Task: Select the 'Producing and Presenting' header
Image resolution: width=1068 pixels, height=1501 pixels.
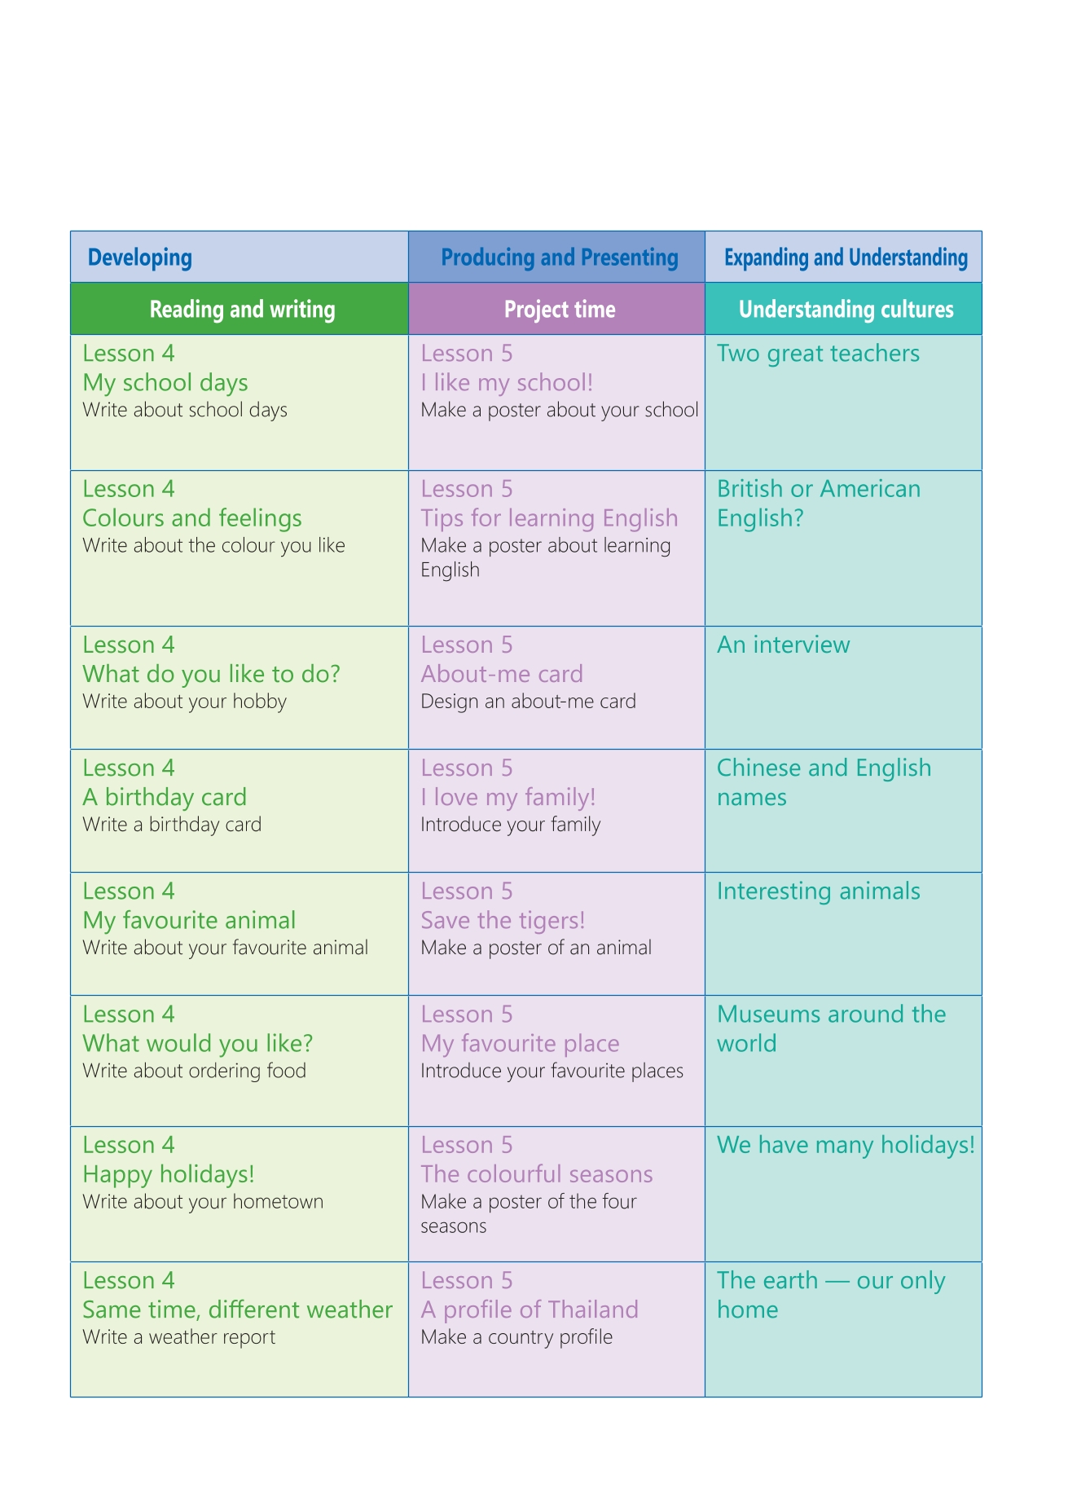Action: point(559,258)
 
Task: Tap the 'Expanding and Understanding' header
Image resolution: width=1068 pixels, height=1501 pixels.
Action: point(846,258)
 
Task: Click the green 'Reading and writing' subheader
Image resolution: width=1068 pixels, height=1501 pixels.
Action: point(242,310)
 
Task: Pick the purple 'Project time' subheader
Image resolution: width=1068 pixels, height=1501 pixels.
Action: point(559,310)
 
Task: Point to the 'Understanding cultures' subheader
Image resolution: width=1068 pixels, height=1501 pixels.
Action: point(846,310)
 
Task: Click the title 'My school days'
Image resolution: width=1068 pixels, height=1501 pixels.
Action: point(165,383)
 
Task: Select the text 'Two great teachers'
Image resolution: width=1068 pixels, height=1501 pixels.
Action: point(818,354)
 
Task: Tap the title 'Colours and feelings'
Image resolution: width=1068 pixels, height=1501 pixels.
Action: point(192,518)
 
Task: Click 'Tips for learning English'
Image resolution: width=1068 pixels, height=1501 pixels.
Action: point(549,518)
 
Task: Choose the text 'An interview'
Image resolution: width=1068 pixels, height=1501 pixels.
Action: point(783,645)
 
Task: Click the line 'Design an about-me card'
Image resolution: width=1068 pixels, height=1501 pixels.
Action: point(528,702)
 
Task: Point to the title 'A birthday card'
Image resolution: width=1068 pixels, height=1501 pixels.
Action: point(165,798)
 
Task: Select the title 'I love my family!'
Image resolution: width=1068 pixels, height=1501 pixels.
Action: point(508,798)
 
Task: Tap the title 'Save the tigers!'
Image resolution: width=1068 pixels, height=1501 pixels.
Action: point(503,921)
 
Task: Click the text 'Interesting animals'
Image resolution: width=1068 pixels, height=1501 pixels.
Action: point(818,891)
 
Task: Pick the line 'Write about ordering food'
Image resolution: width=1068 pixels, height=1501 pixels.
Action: point(195,1071)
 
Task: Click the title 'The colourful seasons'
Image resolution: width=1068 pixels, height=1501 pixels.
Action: point(537,1174)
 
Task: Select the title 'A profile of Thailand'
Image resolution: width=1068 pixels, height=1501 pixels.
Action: point(530,1310)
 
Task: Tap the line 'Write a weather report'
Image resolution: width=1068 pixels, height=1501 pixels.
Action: point(179,1337)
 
